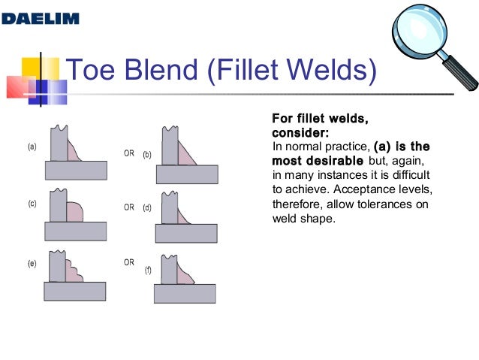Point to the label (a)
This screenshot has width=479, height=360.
pos(32,147)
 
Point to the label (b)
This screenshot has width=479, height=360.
pos(147,155)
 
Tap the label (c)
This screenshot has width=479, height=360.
pos(32,204)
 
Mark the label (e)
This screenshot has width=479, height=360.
pos(32,265)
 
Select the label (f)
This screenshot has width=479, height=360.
pos(147,268)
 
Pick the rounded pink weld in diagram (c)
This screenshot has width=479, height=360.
pos(73,211)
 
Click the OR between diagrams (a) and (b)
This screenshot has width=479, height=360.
pos(128,152)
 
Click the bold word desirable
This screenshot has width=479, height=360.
pos(335,161)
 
